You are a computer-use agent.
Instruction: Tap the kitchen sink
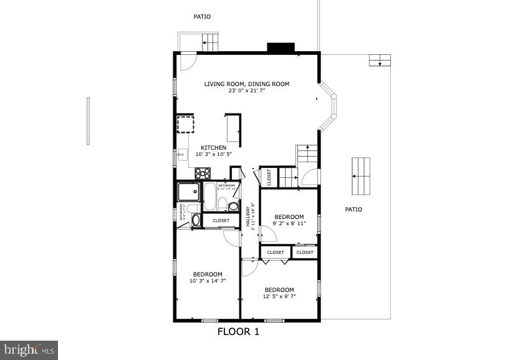click(x=182, y=155)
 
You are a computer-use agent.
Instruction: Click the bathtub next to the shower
click(x=209, y=196)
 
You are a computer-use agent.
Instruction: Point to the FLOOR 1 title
click(x=238, y=332)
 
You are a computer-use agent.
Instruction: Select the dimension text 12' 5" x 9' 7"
click(x=279, y=296)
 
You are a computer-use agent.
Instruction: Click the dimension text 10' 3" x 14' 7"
click(x=208, y=281)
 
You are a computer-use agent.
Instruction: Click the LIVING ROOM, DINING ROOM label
click(x=247, y=84)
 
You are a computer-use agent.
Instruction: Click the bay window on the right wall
click(x=330, y=105)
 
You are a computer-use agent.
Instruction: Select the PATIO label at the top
click(x=202, y=17)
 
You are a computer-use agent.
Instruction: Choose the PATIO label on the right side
click(x=353, y=210)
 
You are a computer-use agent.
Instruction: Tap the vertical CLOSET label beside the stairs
click(x=269, y=178)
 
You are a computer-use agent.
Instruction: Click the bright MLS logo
click(x=29, y=350)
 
